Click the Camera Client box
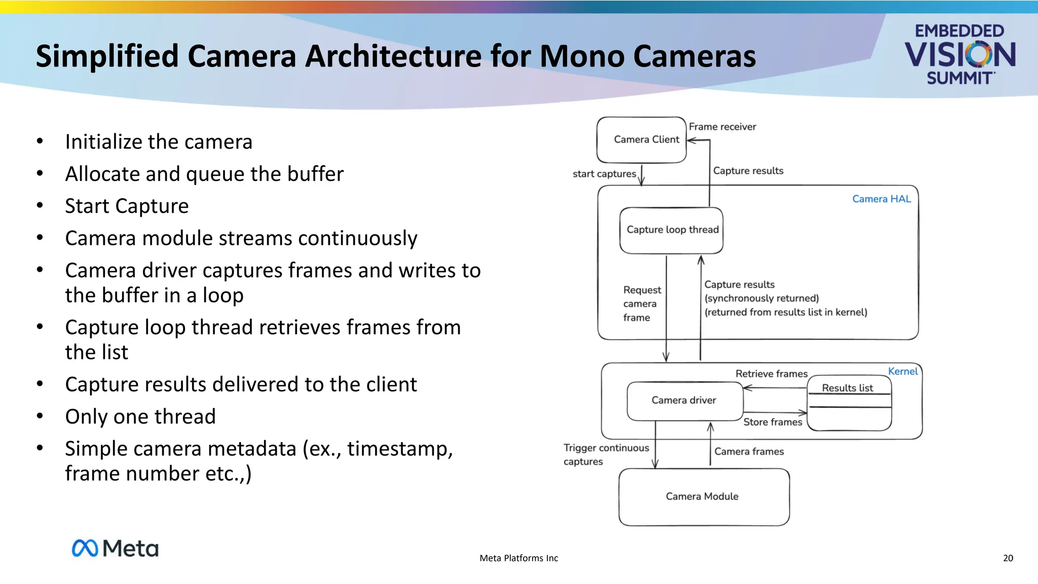[642, 140]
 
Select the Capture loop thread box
[672, 230]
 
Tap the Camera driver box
[684, 400]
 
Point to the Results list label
[847, 388]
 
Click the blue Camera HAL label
[881, 199]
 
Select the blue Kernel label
[903, 371]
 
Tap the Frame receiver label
[722, 127]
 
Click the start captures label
[604, 174]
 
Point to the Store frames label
[772, 422]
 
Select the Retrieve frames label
[771, 374]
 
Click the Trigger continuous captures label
[606, 454]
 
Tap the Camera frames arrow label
[749, 451]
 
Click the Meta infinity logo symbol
[85, 548]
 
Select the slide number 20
[1008, 558]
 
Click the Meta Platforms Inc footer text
[518, 558]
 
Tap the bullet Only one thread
[140, 417]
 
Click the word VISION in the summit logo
[959, 55]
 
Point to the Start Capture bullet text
[127, 206]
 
